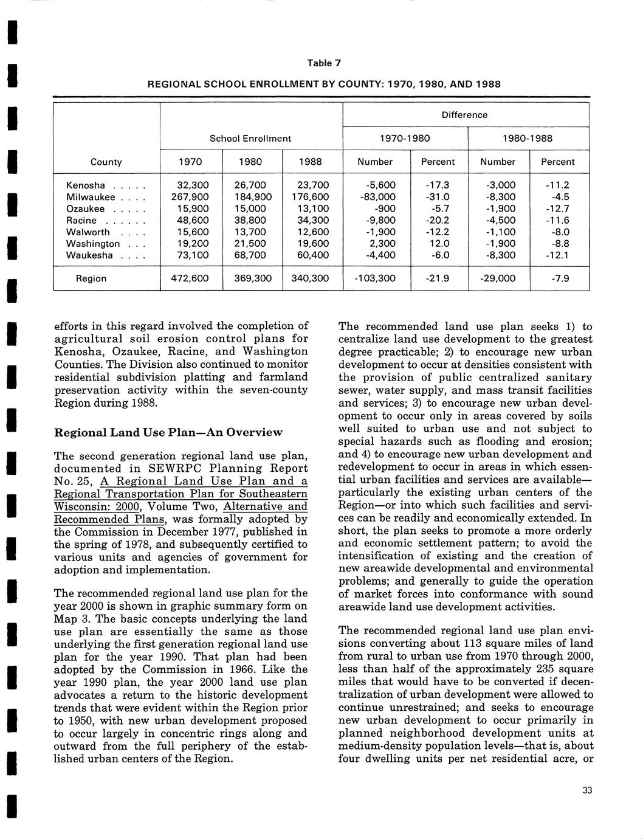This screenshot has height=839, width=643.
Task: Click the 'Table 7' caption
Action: [x=324, y=63]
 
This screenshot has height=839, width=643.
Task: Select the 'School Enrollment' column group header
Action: [x=250, y=139]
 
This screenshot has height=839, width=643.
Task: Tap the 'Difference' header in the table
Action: [x=464, y=115]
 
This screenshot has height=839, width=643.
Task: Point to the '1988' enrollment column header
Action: [x=310, y=162]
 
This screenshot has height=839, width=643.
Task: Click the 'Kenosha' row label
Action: [x=86, y=185]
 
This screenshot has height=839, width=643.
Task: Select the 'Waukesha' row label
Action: [x=89, y=255]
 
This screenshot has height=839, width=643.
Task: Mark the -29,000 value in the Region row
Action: [x=497, y=278]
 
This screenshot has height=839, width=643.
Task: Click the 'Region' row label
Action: [x=91, y=278]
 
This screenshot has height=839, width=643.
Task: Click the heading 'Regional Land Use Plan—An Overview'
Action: [x=168, y=432]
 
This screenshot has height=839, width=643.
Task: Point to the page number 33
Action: [x=586, y=790]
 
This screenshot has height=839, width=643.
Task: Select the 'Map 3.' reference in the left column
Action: [x=72, y=619]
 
